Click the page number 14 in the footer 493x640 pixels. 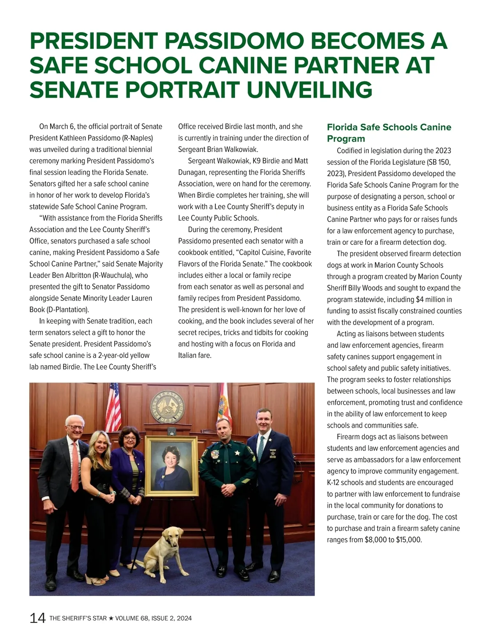(x=37, y=618)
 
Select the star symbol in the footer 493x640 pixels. (x=111, y=618)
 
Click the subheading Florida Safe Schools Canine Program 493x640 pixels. (x=389, y=133)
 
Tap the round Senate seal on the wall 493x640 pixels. (x=167, y=407)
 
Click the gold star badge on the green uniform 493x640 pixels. (x=237, y=453)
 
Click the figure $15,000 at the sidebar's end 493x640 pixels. (x=409, y=540)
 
